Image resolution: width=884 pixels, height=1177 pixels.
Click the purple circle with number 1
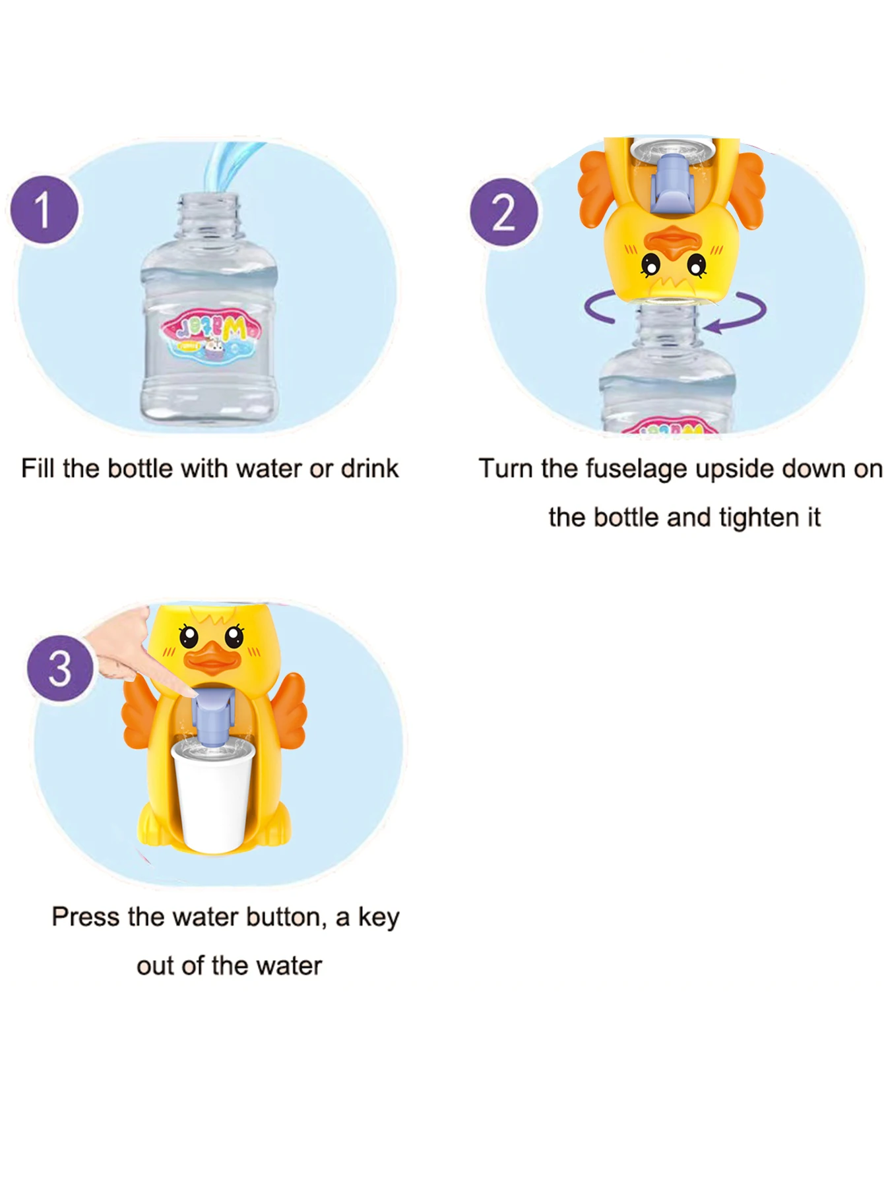44,209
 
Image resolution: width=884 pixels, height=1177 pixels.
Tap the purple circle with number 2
503,212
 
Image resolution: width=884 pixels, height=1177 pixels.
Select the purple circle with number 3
60,667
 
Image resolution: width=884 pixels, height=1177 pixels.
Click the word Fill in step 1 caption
38,469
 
